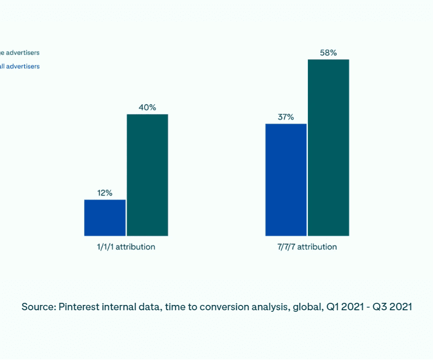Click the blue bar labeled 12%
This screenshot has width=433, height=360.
[105, 218]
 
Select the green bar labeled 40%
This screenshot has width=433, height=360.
[147, 175]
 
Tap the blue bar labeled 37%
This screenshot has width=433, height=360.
[286, 179]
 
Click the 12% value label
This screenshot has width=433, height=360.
[105, 193]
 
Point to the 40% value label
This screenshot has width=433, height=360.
[147, 107]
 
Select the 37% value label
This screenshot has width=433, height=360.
[286, 117]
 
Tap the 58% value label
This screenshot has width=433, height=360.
[329, 53]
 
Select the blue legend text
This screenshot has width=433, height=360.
[20, 67]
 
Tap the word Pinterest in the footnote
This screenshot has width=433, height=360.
[80, 307]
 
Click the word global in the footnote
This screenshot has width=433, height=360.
[306, 307]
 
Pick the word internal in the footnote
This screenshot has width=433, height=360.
[123, 307]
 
